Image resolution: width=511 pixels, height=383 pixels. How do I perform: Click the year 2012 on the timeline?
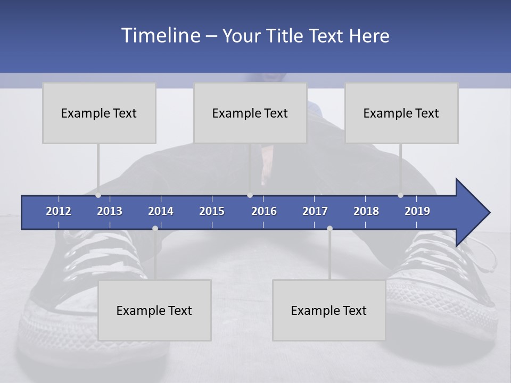click(x=59, y=211)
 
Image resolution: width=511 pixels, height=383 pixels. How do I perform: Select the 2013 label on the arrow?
click(x=110, y=211)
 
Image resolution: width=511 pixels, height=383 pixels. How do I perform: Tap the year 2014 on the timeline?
click(x=161, y=211)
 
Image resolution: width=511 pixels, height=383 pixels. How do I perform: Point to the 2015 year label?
click(x=212, y=211)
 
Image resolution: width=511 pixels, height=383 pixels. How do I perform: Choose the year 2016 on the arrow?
click(x=264, y=211)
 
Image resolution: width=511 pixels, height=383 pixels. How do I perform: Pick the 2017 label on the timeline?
click(x=315, y=211)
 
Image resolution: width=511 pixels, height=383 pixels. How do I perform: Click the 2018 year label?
click(x=366, y=211)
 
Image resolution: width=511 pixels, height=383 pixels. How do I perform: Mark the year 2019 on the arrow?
click(x=417, y=211)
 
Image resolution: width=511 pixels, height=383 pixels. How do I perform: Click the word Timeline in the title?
click(x=160, y=35)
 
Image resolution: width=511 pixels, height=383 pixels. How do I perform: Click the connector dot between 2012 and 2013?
click(x=98, y=195)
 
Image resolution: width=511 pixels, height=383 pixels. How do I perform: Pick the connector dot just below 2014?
click(x=155, y=228)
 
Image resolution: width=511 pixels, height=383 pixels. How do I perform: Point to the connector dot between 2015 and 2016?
click(x=250, y=195)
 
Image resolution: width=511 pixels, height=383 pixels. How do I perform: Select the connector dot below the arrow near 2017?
click(x=329, y=228)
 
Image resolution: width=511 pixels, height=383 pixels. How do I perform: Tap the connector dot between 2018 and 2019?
click(x=401, y=195)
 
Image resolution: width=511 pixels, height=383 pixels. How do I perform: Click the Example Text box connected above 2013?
click(x=99, y=113)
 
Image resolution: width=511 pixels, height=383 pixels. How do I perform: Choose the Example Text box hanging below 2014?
click(x=154, y=310)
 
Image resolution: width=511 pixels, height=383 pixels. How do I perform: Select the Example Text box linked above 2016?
click(x=250, y=113)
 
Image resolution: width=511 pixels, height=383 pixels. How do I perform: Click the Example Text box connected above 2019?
click(x=401, y=113)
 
